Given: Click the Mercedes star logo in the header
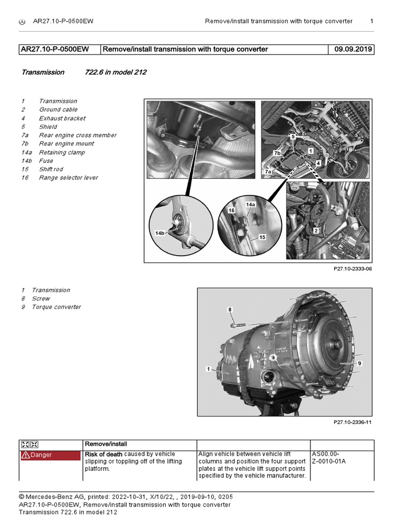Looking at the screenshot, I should click(x=22, y=21).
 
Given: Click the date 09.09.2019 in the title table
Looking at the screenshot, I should click(x=351, y=49).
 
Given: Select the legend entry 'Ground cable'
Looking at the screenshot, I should click(x=58, y=109).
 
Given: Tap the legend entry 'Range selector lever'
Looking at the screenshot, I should click(x=68, y=177).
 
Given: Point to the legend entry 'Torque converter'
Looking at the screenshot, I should click(x=56, y=307).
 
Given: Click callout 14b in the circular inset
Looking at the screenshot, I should click(x=159, y=233).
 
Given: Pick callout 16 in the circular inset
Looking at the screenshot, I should click(x=232, y=210).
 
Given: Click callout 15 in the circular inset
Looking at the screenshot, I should click(x=262, y=237).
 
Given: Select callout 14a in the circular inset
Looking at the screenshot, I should click(x=250, y=204).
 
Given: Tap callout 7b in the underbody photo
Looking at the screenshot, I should click(x=277, y=153).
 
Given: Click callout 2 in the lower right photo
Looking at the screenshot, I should click(x=315, y=230).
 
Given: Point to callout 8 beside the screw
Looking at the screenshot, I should click(x=231, y=310).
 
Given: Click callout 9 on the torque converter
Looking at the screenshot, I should click(x=359, y=363).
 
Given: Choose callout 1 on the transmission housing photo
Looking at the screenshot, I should click(x=208, y=369).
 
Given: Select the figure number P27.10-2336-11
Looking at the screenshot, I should click(x=352, y=422).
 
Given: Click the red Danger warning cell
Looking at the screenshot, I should click(x=51, y=455).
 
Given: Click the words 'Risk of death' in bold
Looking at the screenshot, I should click(x=104, y=454).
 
